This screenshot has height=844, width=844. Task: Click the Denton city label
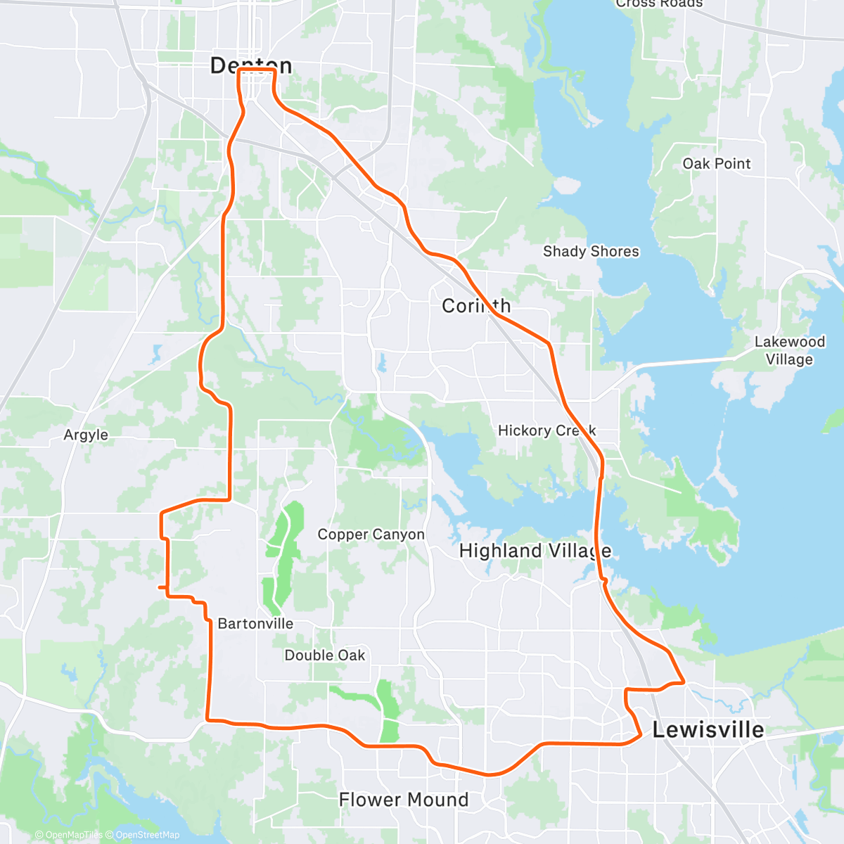click(251, 65)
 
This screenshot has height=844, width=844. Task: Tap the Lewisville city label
click(708, 730)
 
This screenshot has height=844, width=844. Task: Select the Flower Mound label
click(403, 800)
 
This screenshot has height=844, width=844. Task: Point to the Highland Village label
click(535, 551)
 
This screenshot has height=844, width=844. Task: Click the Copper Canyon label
click(371, 535)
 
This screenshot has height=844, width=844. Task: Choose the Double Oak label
click(324, 656)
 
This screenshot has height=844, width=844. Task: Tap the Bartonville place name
click(255, 624)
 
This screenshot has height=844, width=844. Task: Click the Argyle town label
click(86, 435)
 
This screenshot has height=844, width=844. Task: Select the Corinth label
click(476, 306)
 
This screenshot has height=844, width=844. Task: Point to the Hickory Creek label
click(546, 430)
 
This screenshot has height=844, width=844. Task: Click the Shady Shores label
click(591, 252)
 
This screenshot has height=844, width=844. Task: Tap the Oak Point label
click(717, 164)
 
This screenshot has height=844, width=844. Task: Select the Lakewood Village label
click(789, 350)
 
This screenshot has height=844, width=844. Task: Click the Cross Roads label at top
click(659, 4)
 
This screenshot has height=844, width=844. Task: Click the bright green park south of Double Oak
click(388, 710)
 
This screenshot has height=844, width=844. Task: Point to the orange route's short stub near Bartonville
click(162, 587)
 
